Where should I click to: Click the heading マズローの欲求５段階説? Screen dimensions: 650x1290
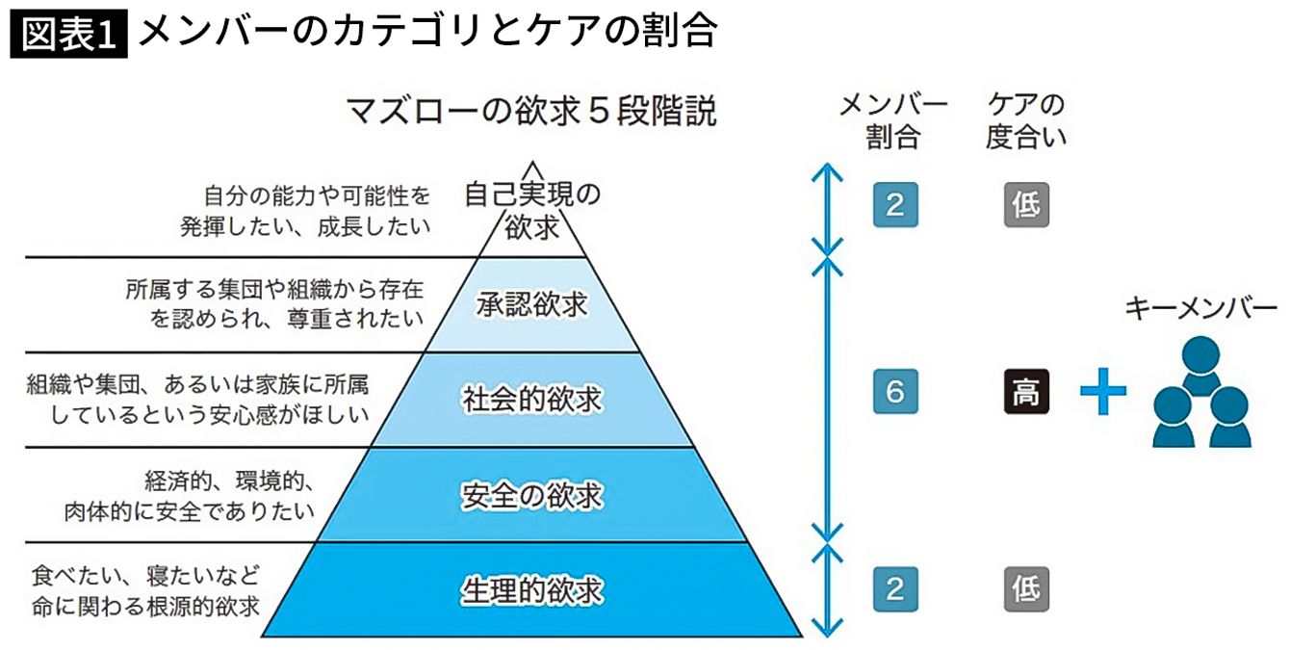pos(531,112)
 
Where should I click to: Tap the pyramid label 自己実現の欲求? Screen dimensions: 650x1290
pos(531,211)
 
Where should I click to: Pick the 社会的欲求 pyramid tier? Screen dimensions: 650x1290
pos(531,399)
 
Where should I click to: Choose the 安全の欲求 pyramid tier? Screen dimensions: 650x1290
pos(531,495)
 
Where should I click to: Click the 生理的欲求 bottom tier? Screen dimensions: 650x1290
pos(531,589)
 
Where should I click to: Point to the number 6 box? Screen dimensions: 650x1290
pos(895,393)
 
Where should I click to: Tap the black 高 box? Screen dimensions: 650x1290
pos(1026,393)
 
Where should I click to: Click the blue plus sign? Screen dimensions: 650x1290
pos(1103,394)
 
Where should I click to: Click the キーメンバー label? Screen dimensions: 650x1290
pos(1201,309)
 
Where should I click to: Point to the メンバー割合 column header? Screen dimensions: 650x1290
pos(893,119)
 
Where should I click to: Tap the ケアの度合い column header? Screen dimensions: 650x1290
pos(1026,119)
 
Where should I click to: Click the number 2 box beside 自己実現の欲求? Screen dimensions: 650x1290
pos(895,205)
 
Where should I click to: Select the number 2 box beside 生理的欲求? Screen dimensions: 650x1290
pos(895,589)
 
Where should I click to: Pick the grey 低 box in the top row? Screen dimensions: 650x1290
pos(1026,205)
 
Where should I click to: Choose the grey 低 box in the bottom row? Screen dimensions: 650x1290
pos(1026,589)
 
